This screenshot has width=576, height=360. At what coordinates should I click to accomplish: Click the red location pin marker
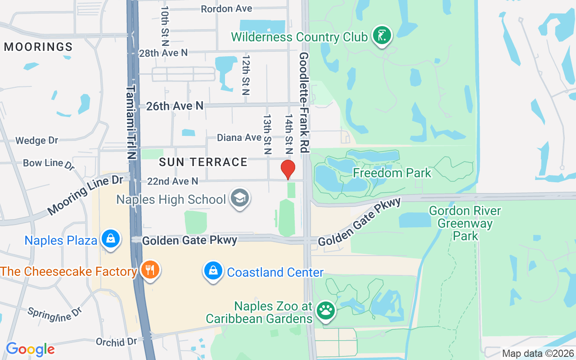[x=288, y=169]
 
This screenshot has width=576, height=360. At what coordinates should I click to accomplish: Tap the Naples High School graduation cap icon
[x=240, y=198]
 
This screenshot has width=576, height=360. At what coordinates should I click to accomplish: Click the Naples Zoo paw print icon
[x=325, y=310]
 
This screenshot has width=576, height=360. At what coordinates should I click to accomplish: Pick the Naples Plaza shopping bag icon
[x=110, y=239]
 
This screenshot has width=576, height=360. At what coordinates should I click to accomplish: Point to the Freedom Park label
[x=391, y=173]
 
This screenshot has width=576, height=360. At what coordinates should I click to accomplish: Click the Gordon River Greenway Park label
[x=465, y=223]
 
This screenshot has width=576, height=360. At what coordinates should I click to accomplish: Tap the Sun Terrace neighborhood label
[x=203, y=162]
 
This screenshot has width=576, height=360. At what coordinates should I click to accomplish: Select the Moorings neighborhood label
[x=38, y=47]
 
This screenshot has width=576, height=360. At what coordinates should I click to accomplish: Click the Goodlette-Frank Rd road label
[x=304, y=103]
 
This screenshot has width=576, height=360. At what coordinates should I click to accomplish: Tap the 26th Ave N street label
[x=175, y=106]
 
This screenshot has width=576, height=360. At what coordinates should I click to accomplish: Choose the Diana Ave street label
[x=239, y=137]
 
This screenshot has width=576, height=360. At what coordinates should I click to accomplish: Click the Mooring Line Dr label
[x=85, y=194]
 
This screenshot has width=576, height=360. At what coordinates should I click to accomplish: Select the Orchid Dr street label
[x=116, y=342]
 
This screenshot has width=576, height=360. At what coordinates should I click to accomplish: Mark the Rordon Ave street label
[x=226, y=9]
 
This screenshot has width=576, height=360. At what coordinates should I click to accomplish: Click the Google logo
[x=30, y=349]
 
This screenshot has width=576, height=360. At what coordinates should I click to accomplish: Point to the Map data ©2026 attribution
[x=538, y=353]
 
